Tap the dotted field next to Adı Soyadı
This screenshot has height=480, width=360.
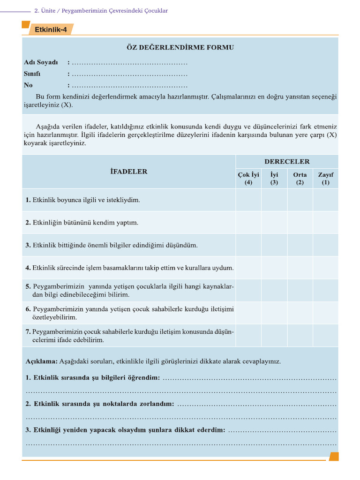129,62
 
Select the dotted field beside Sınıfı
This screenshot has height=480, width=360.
129,74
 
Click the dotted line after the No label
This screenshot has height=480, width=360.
129,86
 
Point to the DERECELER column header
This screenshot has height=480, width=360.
287,162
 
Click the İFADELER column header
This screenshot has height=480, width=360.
128,172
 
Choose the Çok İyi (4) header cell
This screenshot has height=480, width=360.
248,179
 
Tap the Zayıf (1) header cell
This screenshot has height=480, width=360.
325,179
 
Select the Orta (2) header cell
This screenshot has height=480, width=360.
300,179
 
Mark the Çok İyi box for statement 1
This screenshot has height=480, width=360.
248,200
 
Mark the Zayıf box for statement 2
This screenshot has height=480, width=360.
325,223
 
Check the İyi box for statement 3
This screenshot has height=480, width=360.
274,245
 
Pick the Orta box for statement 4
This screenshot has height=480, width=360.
300,268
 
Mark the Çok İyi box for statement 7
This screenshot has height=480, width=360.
248,336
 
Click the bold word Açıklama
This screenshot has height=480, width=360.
41,361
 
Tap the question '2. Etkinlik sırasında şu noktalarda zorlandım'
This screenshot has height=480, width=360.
99,404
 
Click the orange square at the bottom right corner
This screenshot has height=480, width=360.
333,456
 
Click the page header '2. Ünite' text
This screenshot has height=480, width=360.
45,10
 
